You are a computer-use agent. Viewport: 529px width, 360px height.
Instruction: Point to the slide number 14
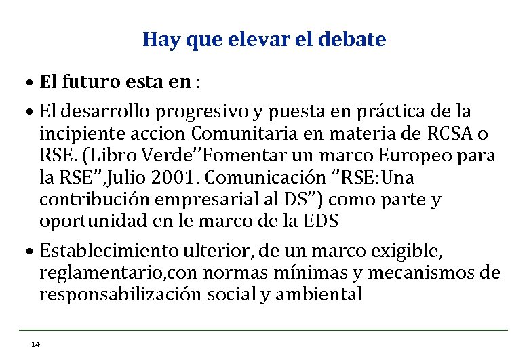pos(36,344)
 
